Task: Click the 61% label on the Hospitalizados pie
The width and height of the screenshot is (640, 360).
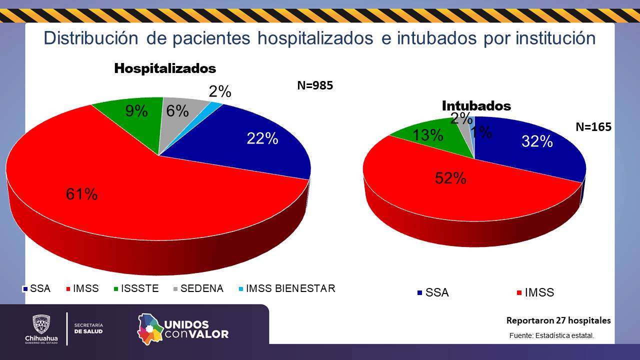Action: (x=81, y=194)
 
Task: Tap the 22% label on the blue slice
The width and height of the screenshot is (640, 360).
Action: (x=262, y=138)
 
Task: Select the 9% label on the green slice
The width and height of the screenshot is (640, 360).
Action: (x=136, y=111)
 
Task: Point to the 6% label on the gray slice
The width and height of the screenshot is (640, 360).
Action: (x=177, y=111)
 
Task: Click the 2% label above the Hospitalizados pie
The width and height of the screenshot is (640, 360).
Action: (x=220, y=92)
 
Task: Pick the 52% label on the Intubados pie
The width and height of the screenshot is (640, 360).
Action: (x=450, y=177)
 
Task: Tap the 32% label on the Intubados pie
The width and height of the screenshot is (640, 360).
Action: (x=537, y=141)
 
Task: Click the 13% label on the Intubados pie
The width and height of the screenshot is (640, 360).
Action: (x=427, y=135)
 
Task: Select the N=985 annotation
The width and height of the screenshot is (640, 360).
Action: (x=315, y=85)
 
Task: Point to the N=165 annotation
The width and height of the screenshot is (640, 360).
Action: (x=593, y=127)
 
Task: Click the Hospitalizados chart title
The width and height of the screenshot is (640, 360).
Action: (x=165, y=68)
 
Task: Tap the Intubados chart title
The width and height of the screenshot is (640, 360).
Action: (x=476, y=106)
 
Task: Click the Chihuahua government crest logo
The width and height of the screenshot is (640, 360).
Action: (x=41, y=324)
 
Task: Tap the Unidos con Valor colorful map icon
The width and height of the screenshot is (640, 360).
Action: (x=150, y=328)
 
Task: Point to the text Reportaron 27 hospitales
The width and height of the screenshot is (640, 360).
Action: (x=558, y=320)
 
